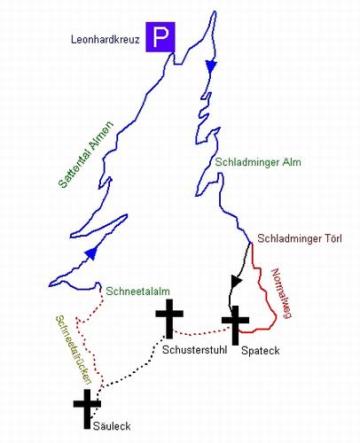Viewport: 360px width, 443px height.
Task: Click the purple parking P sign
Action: coord(160,37)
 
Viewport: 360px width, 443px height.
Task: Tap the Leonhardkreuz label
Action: coord(105,40)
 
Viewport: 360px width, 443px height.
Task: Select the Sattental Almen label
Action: coord(86,154)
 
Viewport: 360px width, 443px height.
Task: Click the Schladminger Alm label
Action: coord(258,162)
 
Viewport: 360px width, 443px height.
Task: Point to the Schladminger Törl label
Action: coord(300,238)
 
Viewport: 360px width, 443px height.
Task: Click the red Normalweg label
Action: coord(281,293)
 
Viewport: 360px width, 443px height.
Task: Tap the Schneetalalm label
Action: coord(137,291)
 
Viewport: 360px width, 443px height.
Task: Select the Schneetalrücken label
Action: coord(73,350)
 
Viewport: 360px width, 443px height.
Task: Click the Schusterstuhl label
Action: coord(194,350)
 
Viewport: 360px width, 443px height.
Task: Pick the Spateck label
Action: coord(261,351)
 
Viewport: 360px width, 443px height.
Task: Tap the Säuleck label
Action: coord(112,426)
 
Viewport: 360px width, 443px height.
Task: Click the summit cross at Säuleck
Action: coord(87,408)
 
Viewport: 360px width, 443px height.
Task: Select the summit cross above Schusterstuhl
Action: coord(169,318)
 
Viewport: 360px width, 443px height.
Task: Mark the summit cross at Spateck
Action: coord(235,325)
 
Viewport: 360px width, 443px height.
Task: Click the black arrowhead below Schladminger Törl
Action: coord(236,281)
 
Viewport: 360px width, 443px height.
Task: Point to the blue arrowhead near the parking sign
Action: coord(211,66)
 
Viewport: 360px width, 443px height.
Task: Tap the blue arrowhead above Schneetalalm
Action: coord(91,253)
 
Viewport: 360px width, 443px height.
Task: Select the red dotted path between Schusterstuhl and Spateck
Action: coord(201,333)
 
